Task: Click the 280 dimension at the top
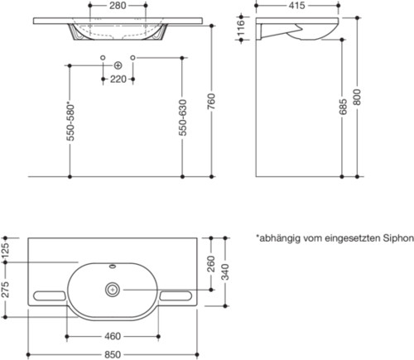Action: (117, 5)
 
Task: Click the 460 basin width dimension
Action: (113, 336)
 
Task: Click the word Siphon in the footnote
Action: (396, 238)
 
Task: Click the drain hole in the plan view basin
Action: (113, 290)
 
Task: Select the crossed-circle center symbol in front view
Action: (117, 65)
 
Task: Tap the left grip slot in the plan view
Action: (49, 295)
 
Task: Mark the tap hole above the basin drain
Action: (113, 267)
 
